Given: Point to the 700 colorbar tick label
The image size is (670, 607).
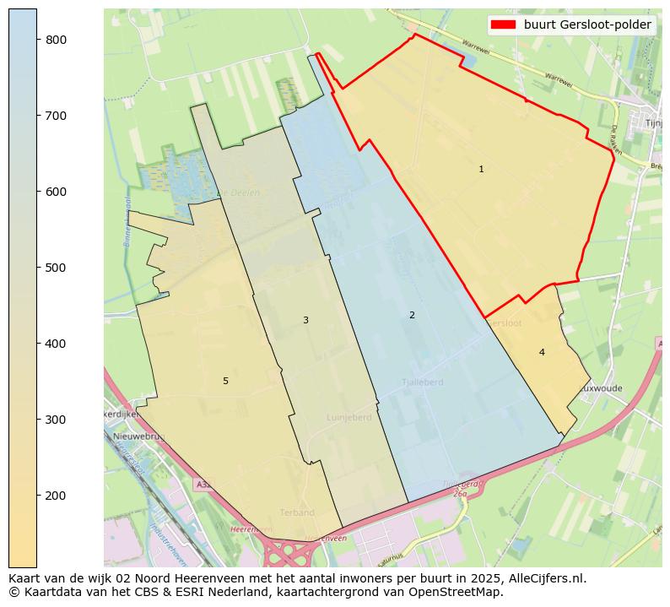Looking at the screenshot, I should pos(57,116).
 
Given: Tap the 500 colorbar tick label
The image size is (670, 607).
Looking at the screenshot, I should pos(57,268).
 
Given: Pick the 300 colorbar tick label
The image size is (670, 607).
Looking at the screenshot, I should pos(57,420).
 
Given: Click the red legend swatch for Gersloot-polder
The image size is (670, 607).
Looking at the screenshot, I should pos(504,24).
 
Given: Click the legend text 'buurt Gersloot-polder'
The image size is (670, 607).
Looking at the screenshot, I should pos(587,24).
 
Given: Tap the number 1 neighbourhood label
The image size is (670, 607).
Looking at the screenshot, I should pos(481,169).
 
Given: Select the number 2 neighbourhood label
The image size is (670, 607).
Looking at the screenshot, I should pos(412,315).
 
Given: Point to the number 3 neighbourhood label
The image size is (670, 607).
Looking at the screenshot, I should pos(305,320).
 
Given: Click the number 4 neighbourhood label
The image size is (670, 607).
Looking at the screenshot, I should pos(542,352).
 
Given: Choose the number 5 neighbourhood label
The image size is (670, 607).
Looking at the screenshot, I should pos(225,381).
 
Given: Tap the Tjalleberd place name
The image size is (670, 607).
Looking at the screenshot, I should pos(422,382).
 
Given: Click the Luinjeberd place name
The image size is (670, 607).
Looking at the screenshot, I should pos(349,418).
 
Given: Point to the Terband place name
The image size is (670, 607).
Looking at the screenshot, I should pos(297,512).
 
